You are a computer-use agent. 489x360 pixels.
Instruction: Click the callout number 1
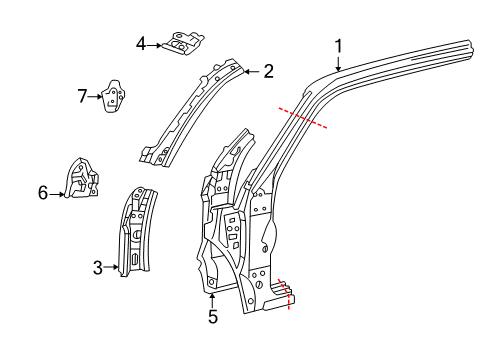coord(338,45)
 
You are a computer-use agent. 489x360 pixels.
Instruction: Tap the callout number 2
coord(268,71)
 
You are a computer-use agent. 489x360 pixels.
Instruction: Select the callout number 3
coord(98,267)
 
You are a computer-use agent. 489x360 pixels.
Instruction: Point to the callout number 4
coord(141,43)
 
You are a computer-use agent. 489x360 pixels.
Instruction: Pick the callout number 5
coord(212,318)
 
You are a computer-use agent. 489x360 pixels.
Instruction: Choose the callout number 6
coord(43,192)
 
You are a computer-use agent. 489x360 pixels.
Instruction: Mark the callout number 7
coord(83,96)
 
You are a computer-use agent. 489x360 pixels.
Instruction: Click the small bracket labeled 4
coord(183,44)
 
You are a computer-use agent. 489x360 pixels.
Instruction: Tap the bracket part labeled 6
coord(81,180)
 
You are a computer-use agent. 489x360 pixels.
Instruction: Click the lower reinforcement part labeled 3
coord(136,230)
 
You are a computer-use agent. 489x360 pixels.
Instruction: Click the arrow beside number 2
coord(252,71)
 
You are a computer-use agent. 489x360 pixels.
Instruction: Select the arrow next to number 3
coord(113,267)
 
